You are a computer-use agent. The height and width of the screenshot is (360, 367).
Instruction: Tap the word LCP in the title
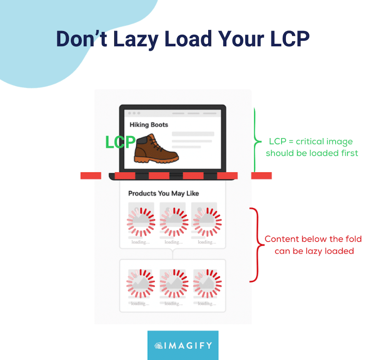pos(288,40)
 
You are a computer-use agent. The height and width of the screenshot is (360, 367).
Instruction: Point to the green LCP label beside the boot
pos(120,143)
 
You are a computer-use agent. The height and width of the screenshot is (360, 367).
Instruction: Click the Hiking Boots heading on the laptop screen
pos(149,124)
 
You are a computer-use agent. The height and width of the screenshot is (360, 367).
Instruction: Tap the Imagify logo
pos(183,345)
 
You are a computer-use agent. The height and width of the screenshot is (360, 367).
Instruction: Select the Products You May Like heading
pos(163,194)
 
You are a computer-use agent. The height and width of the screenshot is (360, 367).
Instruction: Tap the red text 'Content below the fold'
pos(313,239)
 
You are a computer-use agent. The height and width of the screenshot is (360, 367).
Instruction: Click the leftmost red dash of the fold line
pos(90,176)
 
